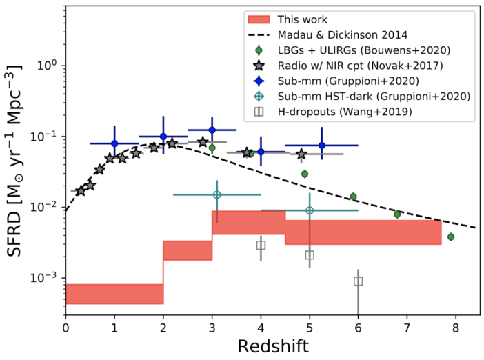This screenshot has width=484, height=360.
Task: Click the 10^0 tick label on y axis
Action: pyautogui.click(x=46, y=66)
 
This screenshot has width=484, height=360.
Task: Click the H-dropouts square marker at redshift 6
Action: pyautogui.click(x=359, y=281)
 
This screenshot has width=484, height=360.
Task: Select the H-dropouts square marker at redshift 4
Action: pyautogui.click(x=261, y=245)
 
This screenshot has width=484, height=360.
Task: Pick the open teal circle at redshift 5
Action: pyautogui.click(x=310, y=210)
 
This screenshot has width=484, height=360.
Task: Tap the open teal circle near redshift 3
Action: pyautogui.click(x=217, y=194)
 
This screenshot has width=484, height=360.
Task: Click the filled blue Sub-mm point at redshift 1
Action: pyautogui.click(x=114, y=143)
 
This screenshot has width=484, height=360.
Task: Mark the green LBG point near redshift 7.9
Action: pyautogui.click(x=450, y=237)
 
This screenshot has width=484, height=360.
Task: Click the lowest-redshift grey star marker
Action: pyautogui.click(x=80, y=190)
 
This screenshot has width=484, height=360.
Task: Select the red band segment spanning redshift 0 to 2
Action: pyautogui.click(x=114, y=294)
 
